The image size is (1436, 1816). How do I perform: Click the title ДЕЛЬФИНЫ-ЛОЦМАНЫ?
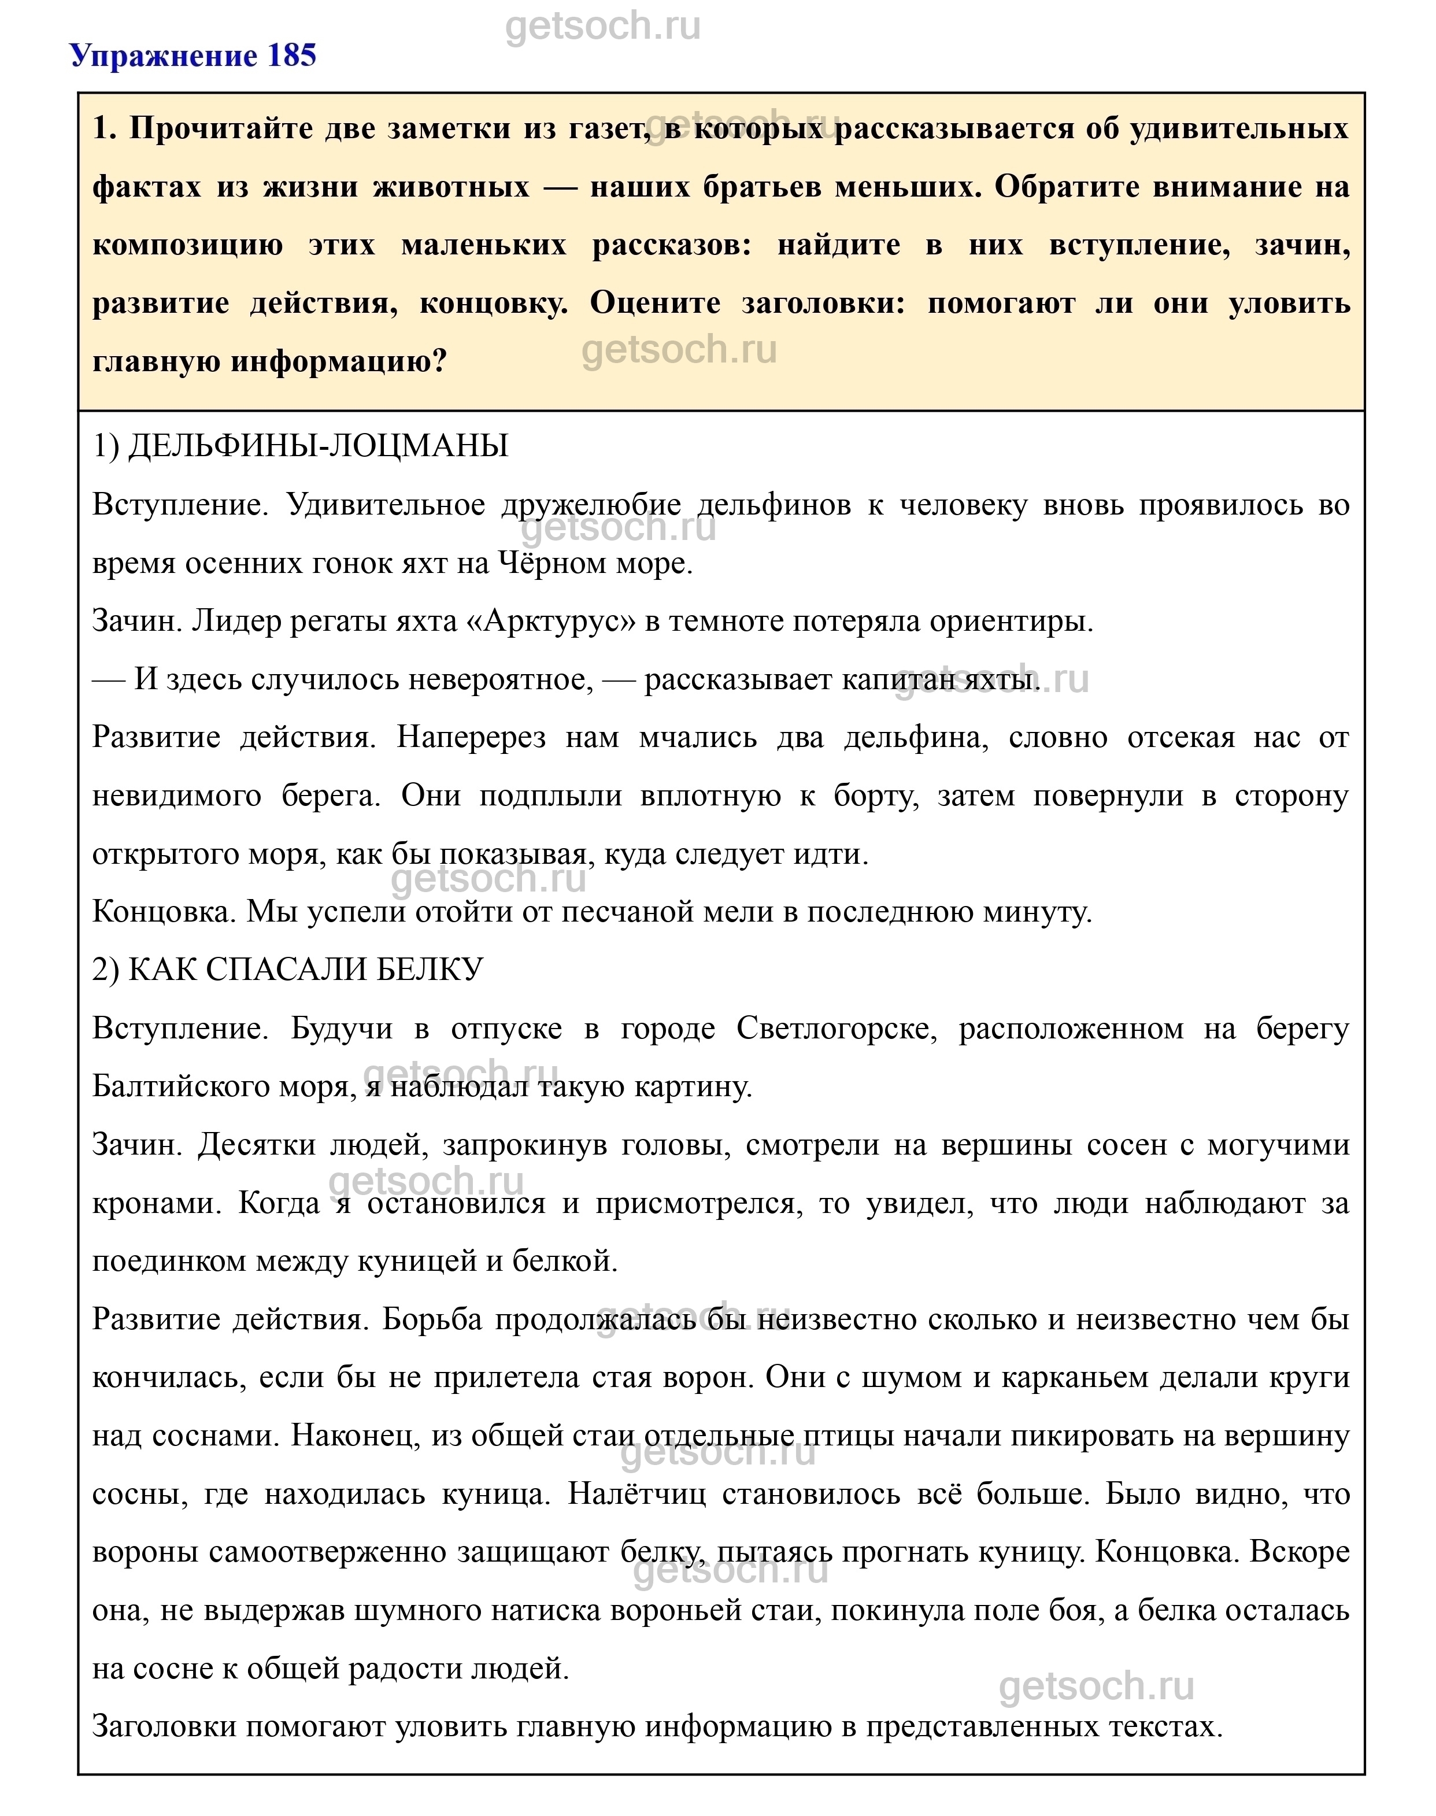tap(318, 446)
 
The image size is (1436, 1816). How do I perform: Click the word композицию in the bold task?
tap(187, 246)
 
